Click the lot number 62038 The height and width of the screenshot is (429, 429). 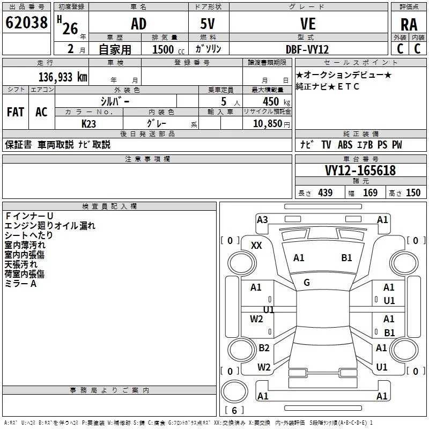[x=26, y=24]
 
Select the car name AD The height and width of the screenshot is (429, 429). [x=138, y=24]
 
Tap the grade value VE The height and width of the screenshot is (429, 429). [x=308, y=24]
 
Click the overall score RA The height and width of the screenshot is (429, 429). [x=409, y=25]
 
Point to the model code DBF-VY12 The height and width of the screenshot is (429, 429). [x=308, y=49]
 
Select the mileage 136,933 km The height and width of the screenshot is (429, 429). [x=63, y=77]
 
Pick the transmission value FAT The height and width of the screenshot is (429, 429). [x=15, y=112]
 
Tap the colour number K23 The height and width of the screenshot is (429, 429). [x=89, y=123]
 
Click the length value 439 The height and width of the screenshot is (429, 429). [x=325, y=193]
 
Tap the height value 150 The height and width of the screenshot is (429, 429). [x=413, y=193]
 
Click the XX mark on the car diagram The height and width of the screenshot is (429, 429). [x=256, y=245]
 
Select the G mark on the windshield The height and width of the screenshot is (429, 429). [x=307, y=282]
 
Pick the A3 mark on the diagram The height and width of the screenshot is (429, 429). [x=262, y=219]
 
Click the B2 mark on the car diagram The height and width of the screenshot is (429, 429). [x=264, y=348]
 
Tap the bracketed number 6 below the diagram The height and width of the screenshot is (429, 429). [x=234, y=410]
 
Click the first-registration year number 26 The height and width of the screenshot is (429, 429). [x=70, y=28]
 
